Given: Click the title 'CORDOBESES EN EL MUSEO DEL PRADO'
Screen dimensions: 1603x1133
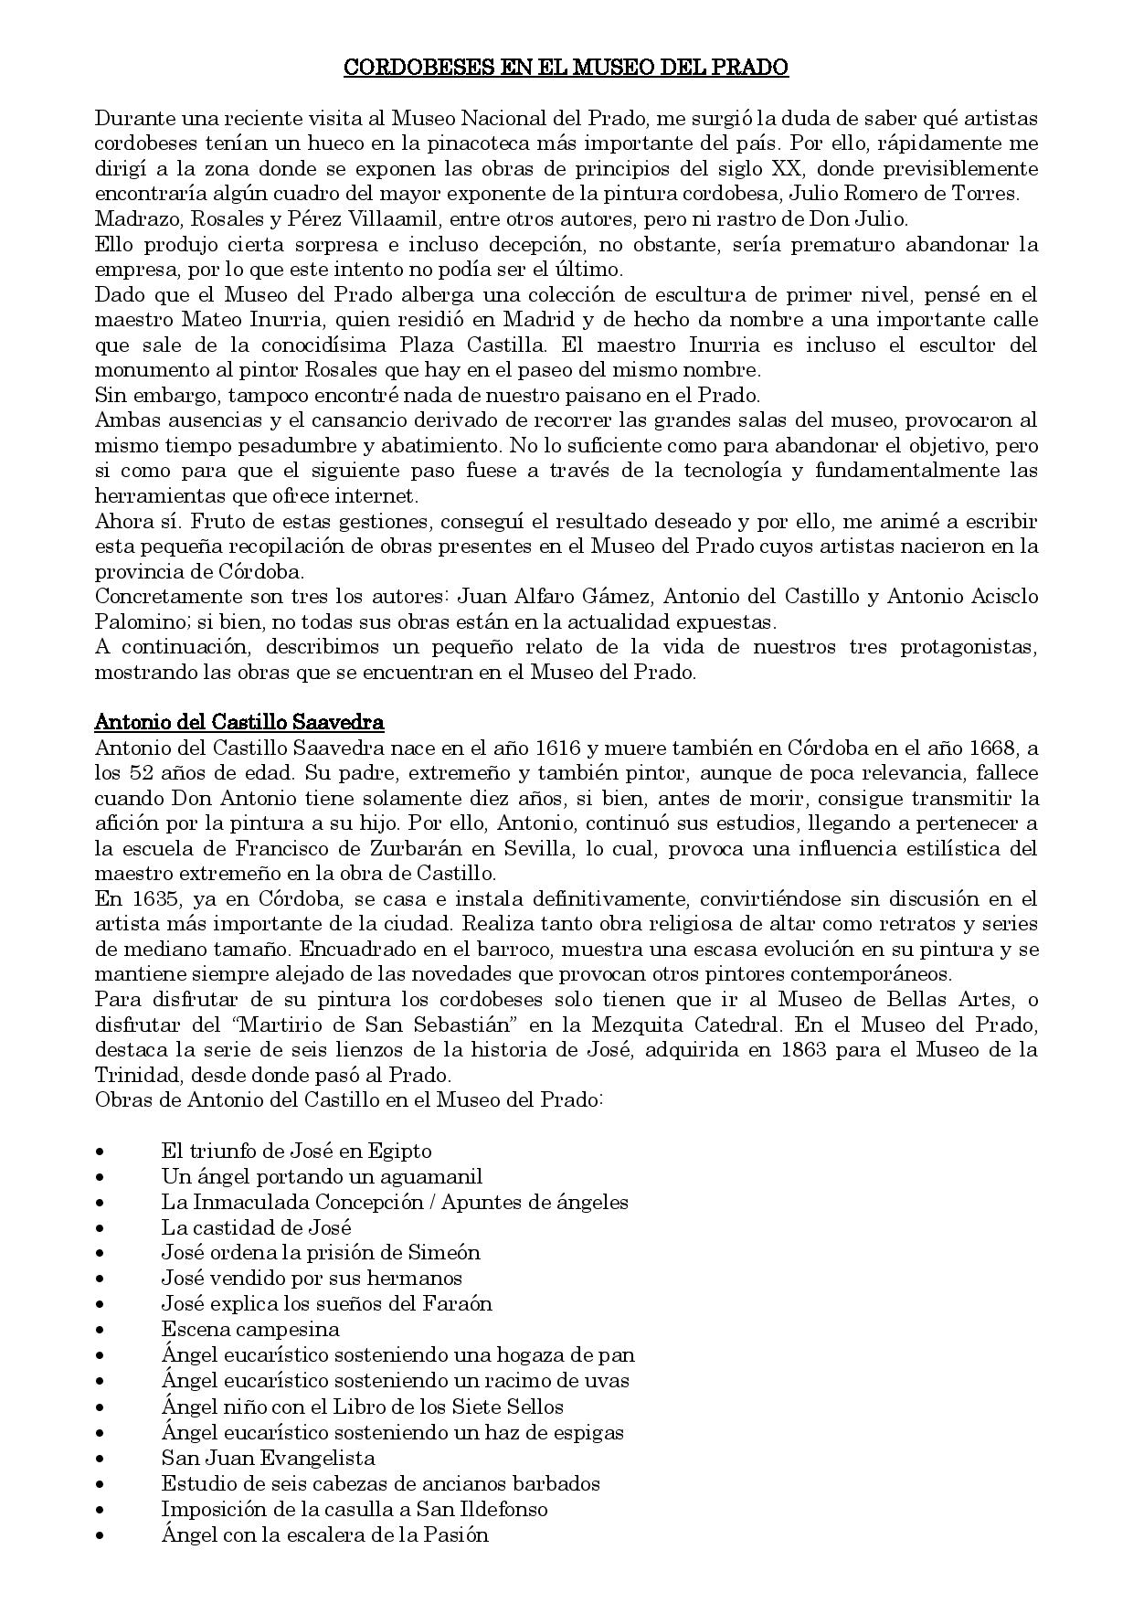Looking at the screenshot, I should [x=566, y=68].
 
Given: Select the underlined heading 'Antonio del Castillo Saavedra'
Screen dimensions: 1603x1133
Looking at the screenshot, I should [x=239, y=722].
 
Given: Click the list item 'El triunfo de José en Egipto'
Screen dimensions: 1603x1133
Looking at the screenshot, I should [x=296, y=1151].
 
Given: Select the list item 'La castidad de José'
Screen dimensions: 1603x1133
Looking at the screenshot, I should [x=256, y=1227].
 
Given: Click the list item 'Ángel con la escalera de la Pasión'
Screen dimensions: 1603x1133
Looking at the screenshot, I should [x=324, y=1534].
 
